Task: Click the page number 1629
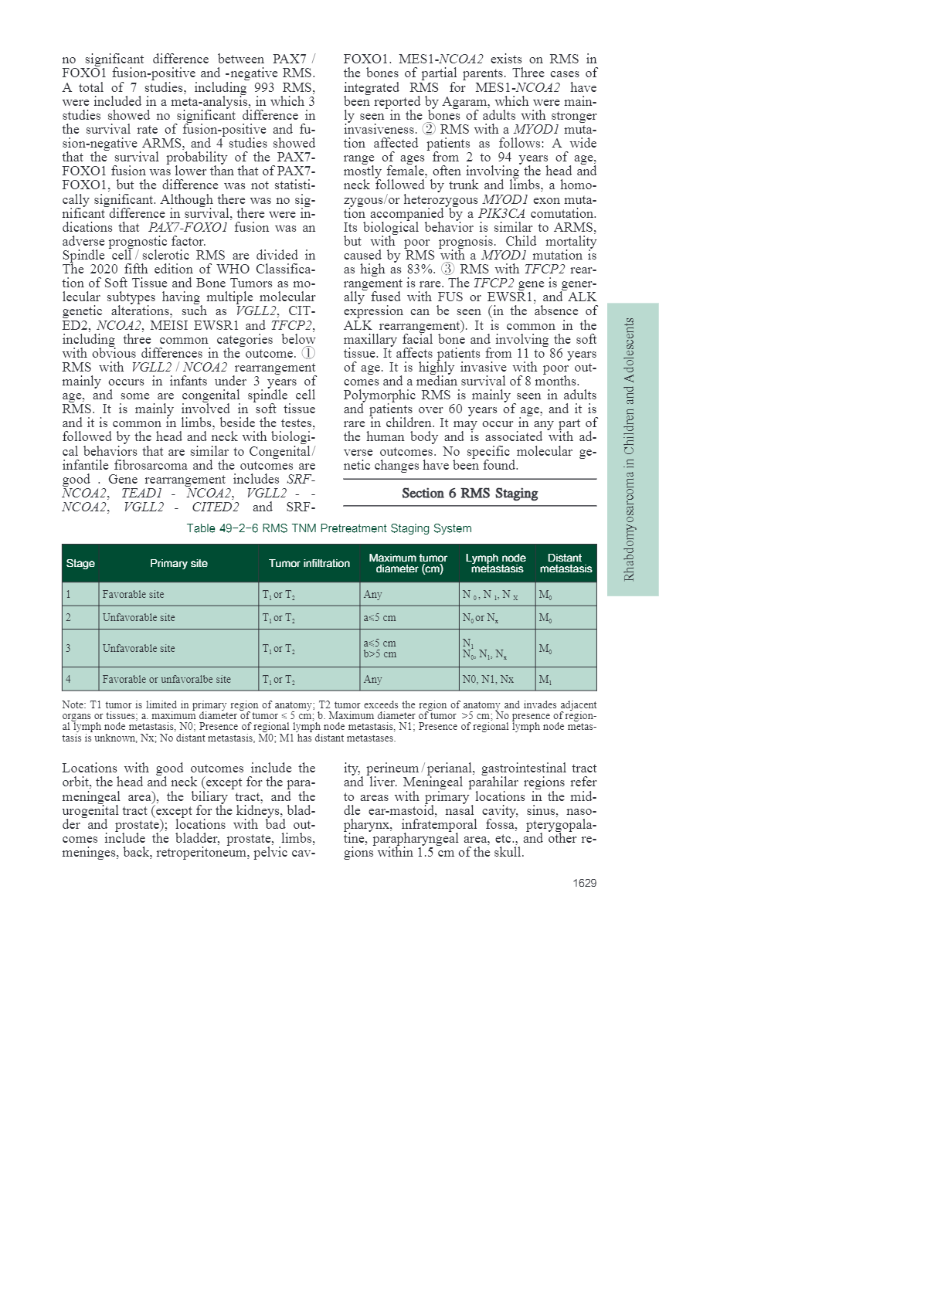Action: tap(584, 883)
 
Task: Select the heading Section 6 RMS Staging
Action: tap(470, 494)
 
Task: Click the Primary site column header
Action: tap(178, 563)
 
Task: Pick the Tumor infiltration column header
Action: tap(309, 563)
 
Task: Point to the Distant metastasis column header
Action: tap(566, 563)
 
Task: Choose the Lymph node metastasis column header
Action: tap(496, 563)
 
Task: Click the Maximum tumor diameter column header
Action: tap(408, 563)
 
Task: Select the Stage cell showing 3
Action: tap(69, 648)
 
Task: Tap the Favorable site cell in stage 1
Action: tap(133, 594)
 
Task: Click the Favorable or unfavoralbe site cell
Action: tap(166, 679)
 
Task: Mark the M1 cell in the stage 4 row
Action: tap(545, 679)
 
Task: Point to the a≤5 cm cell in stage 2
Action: tap(379, 617)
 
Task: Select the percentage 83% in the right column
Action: tap(422, 270)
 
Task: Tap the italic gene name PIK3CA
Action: tap(501, 213)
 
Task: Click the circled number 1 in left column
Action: tap(307, 353)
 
